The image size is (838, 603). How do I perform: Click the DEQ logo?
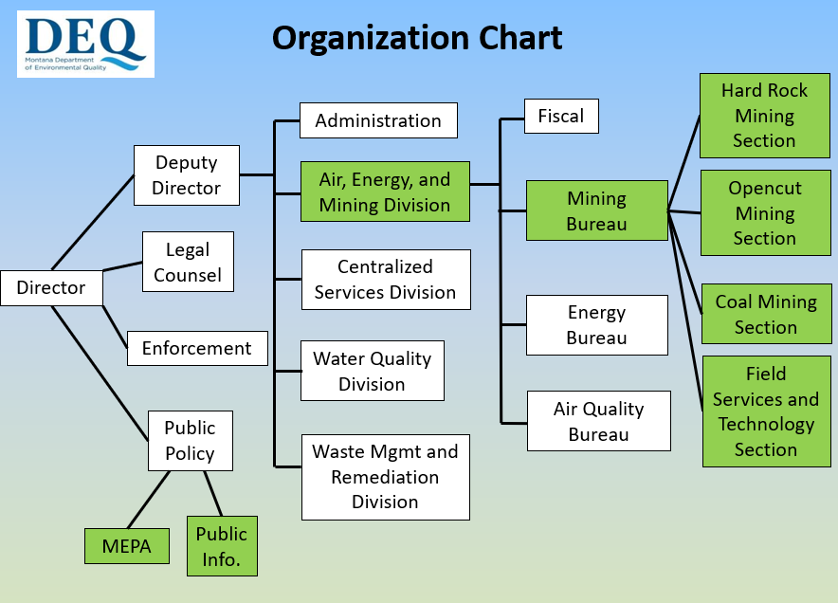point(84,44)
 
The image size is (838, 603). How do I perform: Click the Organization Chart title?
point(417,38)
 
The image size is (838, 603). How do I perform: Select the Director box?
point(51,287)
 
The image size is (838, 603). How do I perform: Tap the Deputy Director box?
point(186,175)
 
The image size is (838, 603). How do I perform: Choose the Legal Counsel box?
point(188,262)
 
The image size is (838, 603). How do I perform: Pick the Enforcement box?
point(197,348)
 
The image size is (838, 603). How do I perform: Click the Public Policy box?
point(190,440)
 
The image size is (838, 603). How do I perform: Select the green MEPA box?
point(126,547)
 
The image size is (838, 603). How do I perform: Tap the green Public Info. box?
point(222,546)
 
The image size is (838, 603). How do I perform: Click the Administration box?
point(378,120)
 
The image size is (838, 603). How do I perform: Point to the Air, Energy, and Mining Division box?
point(385,192)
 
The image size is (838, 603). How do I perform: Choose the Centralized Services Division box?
point(385,280)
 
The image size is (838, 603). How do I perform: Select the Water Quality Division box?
point(372,371)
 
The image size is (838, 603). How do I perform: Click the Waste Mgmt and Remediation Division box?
point(385,477)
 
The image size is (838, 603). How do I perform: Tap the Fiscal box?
point(561,116)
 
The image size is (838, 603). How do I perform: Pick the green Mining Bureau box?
point(596,211)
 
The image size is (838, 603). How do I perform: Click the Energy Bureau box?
point(596,324)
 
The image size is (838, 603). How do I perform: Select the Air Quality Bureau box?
point(598,421)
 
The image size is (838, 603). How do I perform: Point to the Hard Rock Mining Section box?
point(764,116)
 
